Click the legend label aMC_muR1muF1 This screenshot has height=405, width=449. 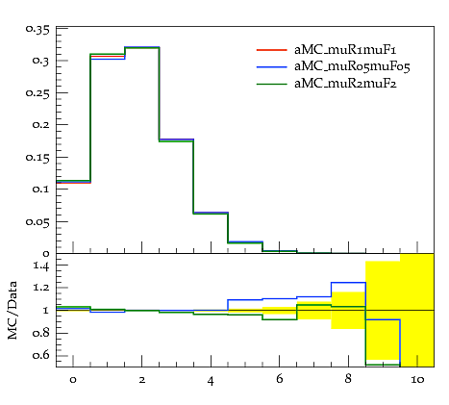coord(345,50)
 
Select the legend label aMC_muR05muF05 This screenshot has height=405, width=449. coord(352,66)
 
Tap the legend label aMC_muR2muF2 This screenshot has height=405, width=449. coord(345,84)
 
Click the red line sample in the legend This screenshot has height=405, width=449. coord(271,50)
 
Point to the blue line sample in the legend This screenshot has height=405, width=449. coord(271,66)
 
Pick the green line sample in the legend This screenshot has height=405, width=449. coord(271,84)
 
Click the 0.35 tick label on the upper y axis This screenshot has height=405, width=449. coord(37,30)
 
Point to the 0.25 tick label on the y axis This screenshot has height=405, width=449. coord(37,93)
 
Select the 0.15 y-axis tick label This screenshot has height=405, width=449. coord(37,158)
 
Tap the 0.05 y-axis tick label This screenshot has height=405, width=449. coord(37,222)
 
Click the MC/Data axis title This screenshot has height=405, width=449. coord(12,310)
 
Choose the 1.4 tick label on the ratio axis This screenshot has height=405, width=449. coord(41,266)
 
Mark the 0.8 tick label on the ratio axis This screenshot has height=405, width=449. coord(41,333)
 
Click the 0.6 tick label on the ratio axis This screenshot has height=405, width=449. coord(41,355)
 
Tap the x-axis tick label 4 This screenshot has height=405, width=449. coord(211,381)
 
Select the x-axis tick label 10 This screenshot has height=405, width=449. coord(417,380)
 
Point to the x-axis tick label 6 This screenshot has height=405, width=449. coord(280,379)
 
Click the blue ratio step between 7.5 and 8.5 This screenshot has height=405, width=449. coord(349,283)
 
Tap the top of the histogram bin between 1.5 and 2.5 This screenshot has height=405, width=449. coord(142,47)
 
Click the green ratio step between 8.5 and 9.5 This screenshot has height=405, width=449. coord(383,365)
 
